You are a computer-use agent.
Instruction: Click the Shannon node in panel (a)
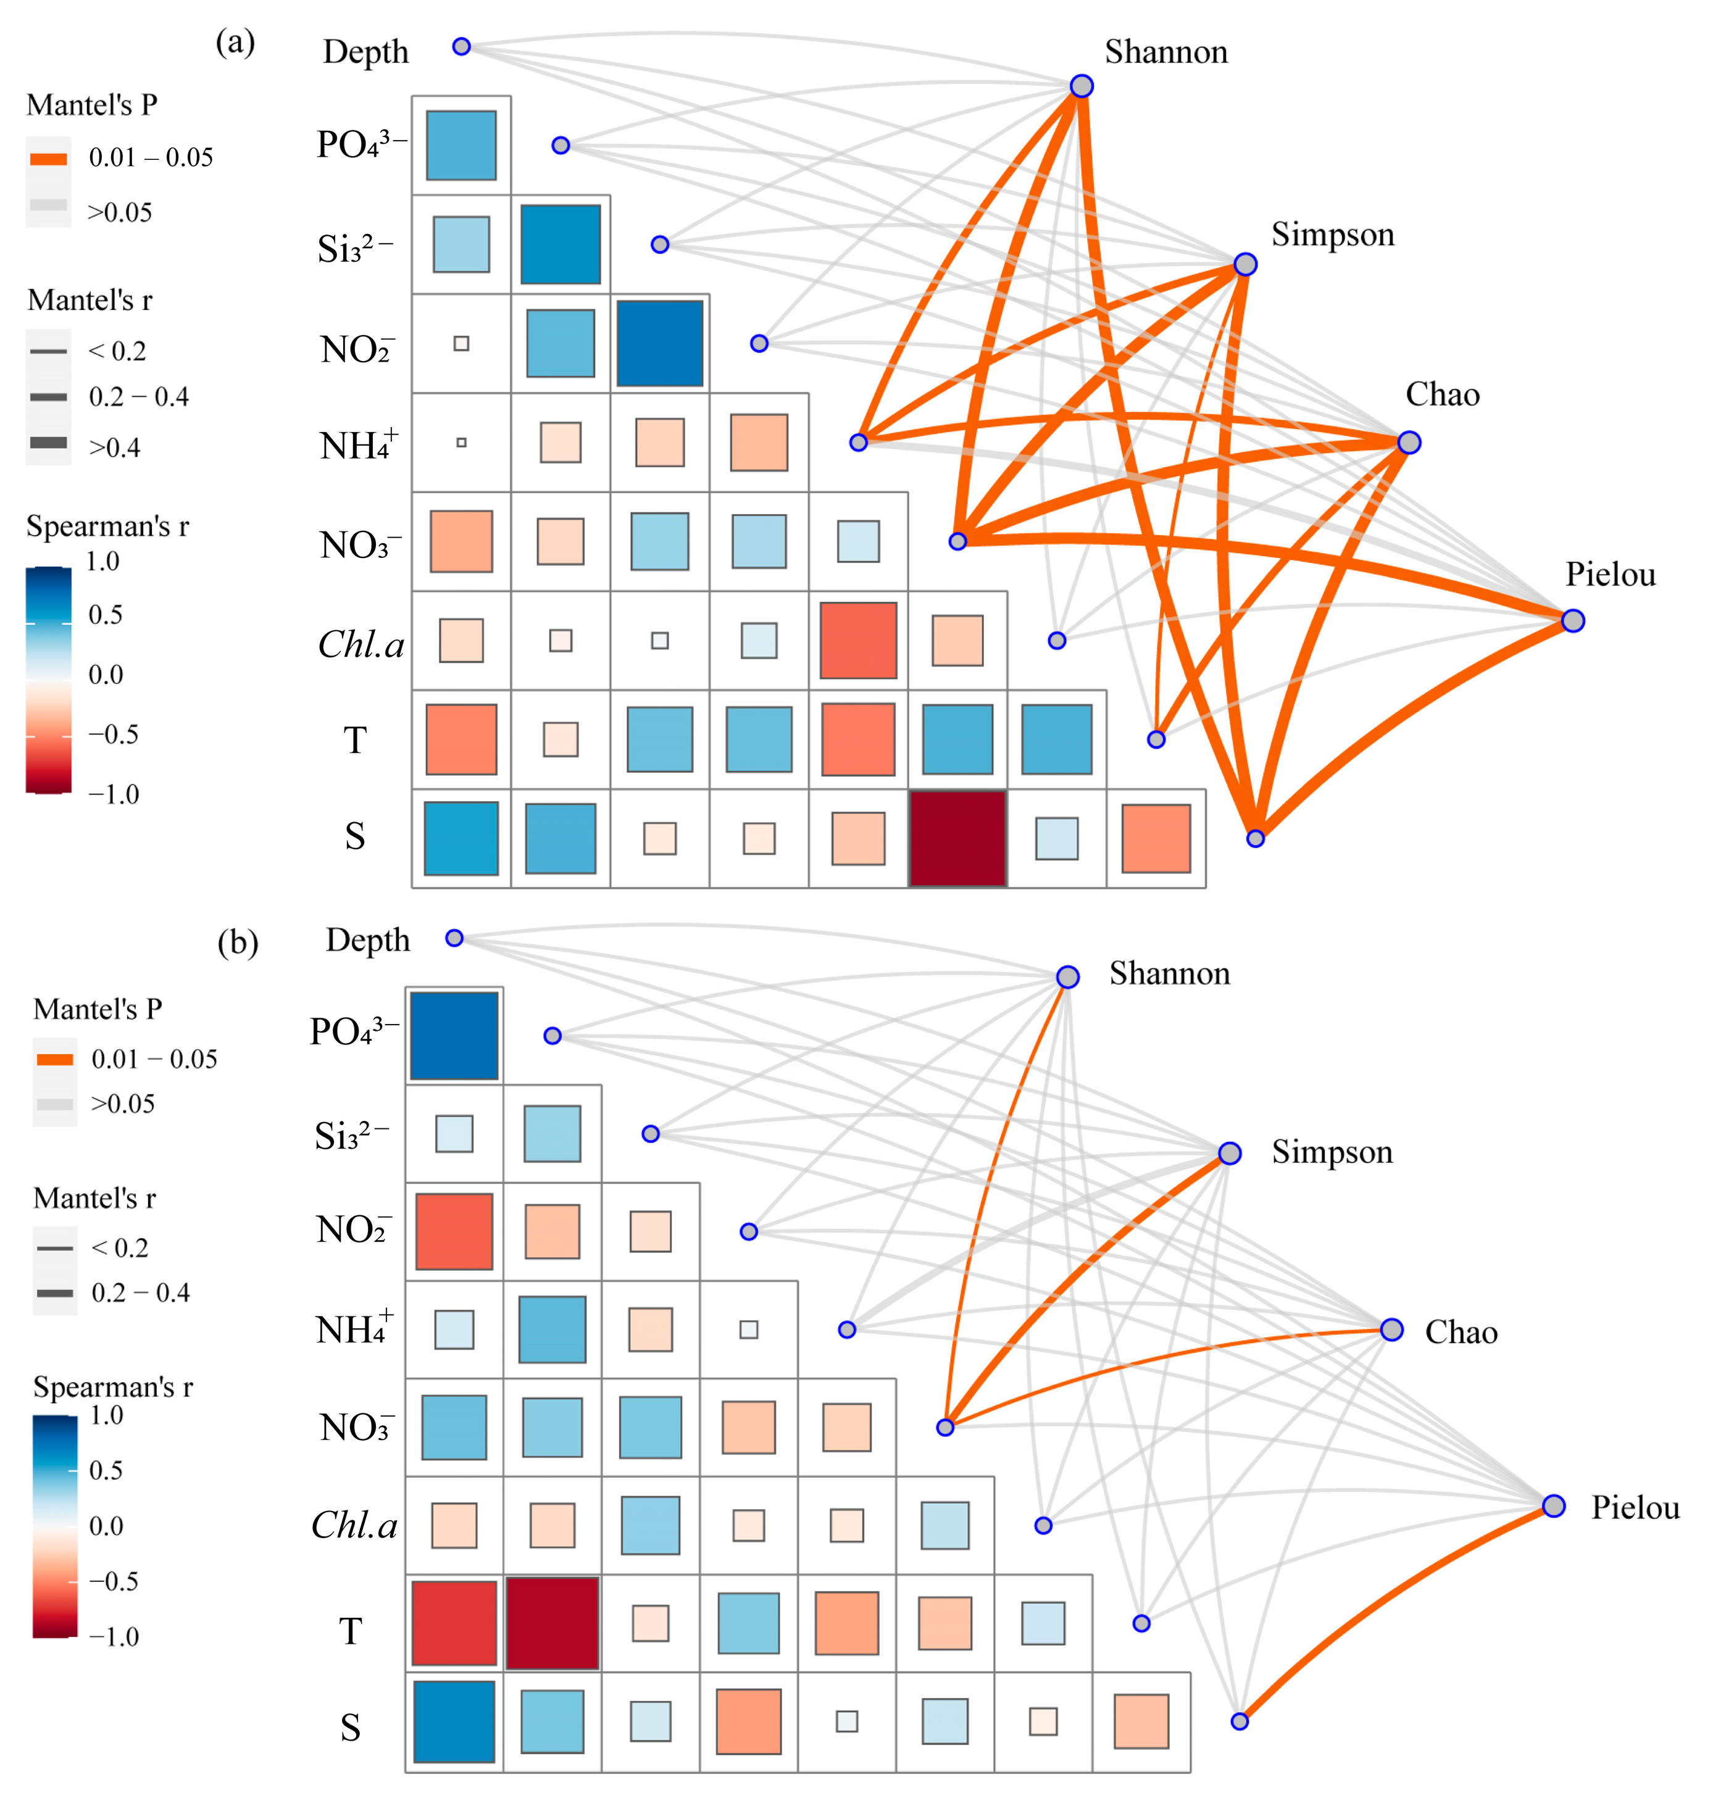coord(1081,86)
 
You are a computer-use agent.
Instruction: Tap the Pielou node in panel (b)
coord(1554,1506)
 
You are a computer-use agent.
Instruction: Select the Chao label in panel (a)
coord(1442,394)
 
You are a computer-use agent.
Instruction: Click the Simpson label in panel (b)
coord(1332,1152)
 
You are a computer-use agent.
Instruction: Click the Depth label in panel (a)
coord(365,52)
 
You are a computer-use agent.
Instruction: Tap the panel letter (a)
coord(235,42)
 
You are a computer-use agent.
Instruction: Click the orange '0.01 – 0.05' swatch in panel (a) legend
coord(48,159)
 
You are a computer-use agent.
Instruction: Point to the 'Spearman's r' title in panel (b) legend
coord(113,1387)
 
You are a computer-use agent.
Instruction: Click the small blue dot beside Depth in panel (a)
coord(461,46)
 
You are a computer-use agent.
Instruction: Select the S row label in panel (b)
coord(351,1728)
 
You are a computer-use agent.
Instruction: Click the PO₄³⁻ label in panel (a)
coord(361,144)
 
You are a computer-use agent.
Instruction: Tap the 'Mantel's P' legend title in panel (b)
coord(98,1009)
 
